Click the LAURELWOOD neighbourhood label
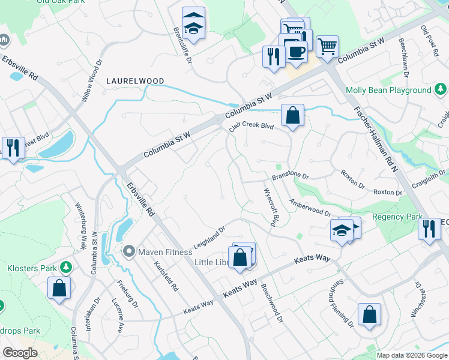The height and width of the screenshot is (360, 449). click(x=135, y=80)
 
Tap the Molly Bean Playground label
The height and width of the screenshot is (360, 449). click(x=388, y=90)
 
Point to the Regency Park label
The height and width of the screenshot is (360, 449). click(x=394, y=217)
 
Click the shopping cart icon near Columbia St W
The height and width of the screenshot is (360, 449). click(x=327, y=46)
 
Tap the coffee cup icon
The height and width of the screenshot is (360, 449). click(x=296, y=52)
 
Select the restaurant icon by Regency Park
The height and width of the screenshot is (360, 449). click(x=429, y=230)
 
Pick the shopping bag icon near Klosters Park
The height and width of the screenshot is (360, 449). click(x=60, y=287)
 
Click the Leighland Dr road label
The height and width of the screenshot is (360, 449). click(x=208, y=238)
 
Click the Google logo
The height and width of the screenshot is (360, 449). click(x=20, y=353)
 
